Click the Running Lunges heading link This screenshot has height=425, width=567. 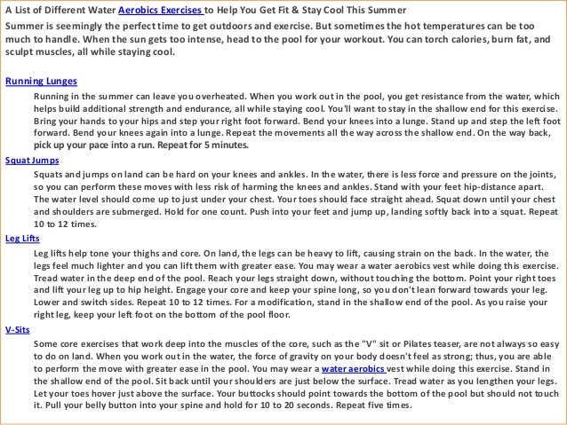(41, 81)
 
